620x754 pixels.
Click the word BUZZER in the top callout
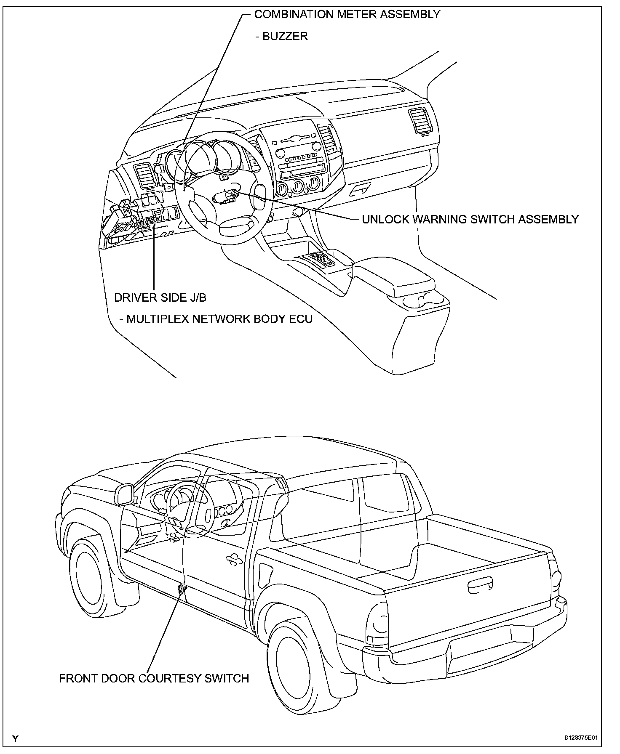(x=285, y=36)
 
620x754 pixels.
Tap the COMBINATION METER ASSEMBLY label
(x=347, y=14)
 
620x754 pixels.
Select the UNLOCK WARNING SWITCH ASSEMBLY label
(x=470, y=219)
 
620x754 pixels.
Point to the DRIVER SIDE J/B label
(x=160, y=297)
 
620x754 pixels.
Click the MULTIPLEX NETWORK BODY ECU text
(x=219, y=319)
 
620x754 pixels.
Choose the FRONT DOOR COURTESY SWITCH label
(x=154, y=678)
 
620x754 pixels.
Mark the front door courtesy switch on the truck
(x=181, y=589)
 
